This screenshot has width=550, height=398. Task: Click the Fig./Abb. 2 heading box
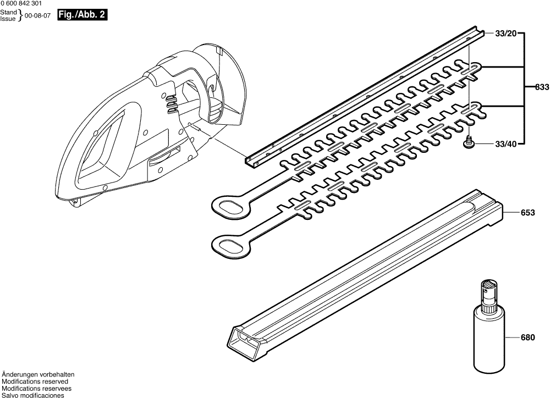82,15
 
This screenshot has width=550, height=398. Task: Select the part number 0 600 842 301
21,4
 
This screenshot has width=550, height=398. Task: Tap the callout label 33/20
506,34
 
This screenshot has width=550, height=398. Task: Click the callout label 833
542,87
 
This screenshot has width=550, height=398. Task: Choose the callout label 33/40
505,144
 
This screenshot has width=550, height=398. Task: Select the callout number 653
528,213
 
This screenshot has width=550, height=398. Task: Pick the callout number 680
528,338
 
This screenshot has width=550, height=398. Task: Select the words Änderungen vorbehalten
38,375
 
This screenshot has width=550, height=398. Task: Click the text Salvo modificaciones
33,395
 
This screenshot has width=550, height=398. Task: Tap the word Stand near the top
8,13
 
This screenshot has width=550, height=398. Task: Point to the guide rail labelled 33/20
365,95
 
